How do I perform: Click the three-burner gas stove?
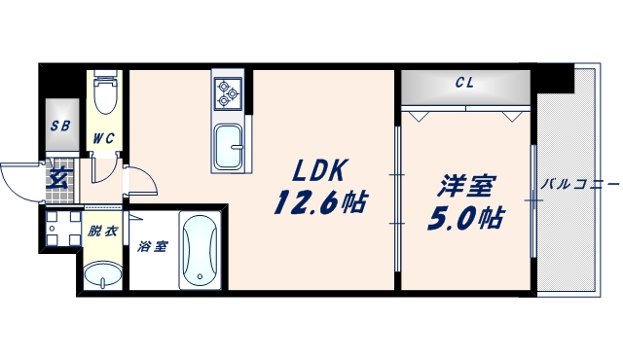point(227,91)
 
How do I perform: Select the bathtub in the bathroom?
point(201,252)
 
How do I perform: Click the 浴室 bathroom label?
point(152,246)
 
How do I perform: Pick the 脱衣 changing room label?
point(100,232)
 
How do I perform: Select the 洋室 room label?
point(465,185)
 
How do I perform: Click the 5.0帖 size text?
point(464,218)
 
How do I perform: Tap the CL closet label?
point(464,83)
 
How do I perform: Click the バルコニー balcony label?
point(579,183)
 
